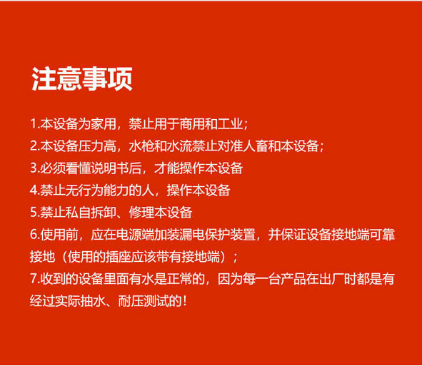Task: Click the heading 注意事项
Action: pos(82,78)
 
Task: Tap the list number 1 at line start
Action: pos(33,124)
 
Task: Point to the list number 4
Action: pos(34,190)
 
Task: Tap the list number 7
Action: pos(34,279)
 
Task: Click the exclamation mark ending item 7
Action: pos(184,301)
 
